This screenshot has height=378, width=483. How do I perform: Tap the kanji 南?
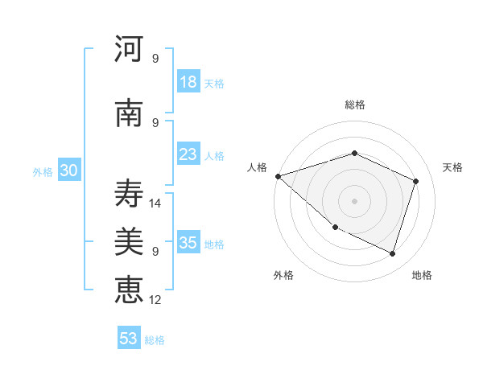pos(129,113)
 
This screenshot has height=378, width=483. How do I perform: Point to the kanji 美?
pos(129,240)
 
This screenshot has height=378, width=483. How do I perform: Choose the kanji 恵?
pos(129,289)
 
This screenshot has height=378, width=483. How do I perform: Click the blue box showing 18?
pos(188,82)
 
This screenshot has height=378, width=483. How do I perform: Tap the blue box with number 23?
pos(188,154)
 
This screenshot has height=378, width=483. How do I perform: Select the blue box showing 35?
pos(188,243)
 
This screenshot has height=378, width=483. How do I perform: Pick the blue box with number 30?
pos(68,171)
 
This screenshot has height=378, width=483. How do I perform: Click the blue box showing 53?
pos(129,339)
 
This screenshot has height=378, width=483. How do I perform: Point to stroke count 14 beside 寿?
pos(156,203)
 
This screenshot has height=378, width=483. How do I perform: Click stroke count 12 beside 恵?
pos(156,300)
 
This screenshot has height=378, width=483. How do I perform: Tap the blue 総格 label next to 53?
pos(155,340)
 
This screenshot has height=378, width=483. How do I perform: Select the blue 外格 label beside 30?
pos(43,172)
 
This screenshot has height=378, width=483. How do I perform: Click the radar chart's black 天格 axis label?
pos(453,167)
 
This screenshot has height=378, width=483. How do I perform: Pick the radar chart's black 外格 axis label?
pos(283,275)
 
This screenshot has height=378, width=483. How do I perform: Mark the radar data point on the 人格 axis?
pos(278,176)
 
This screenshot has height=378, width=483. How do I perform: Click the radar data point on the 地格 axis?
pos(392,253)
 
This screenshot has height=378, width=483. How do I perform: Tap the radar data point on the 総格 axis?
pos(354,153)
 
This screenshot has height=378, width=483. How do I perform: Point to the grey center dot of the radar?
pos(354,201)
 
